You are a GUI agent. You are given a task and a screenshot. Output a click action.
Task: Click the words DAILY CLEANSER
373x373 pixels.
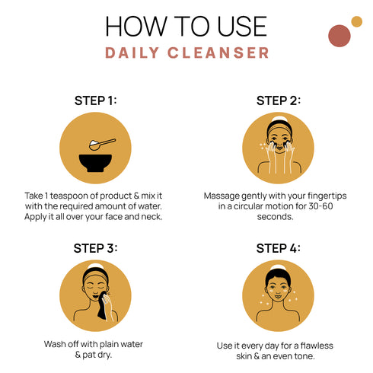pyautogui.click(x=186, y=53)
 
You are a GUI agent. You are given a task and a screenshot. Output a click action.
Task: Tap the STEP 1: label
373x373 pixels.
pyautogui.click(x=95, y=100)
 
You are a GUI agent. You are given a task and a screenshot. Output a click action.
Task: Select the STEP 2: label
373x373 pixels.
pyautogui.click(x=278, y=100)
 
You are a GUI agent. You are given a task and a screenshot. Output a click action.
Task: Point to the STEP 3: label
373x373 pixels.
pyautogui.click(x=95, y=248)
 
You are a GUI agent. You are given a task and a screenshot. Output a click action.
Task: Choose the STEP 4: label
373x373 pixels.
pyautogui.click(x=278, y=248)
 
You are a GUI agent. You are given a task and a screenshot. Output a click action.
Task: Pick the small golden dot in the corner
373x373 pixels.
pyautogui.click(x=356, y=21)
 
